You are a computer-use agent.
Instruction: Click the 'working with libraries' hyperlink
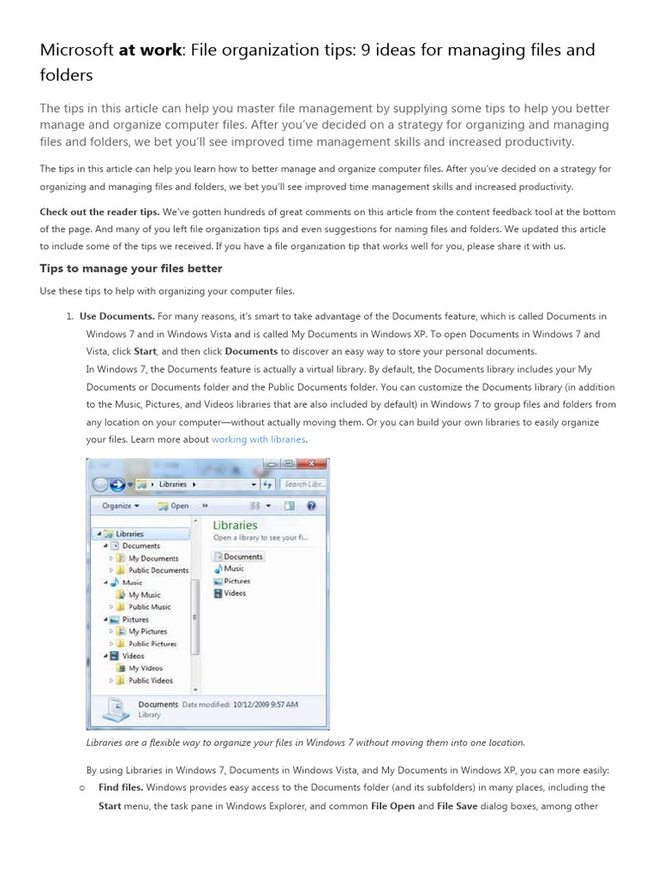tap(258, 439)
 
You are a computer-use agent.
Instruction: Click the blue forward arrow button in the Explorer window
tap(117, 485)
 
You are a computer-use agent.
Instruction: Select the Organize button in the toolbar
tap(121, 505)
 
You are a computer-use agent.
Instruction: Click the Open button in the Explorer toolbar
tap(175, 505)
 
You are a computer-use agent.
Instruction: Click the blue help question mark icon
tap(311, 505)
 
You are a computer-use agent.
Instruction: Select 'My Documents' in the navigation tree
tap(153, 558)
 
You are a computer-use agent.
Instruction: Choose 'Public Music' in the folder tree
tap(149, 607)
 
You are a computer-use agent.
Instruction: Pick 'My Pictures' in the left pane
tap(148, 631)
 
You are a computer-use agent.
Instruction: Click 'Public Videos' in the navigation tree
tap(150, 681)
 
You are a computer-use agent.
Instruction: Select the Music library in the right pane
tap(233, 569)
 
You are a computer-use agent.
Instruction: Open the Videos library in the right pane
tap(234, 593)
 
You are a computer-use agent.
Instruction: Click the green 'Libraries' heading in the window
tap(235, 525)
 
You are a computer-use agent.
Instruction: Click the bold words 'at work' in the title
tap(150, 51)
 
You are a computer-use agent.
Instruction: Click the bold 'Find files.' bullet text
tap(120, 787)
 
